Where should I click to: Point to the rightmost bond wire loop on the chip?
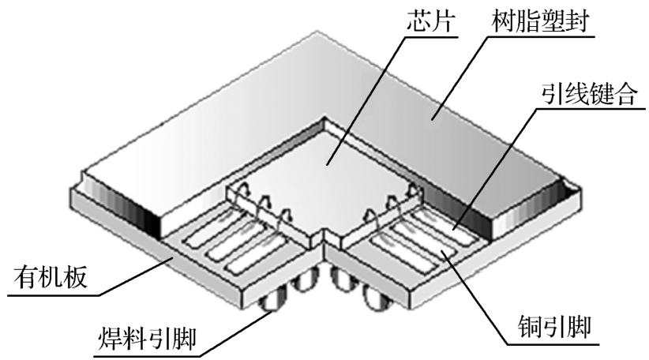click(409, 190)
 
